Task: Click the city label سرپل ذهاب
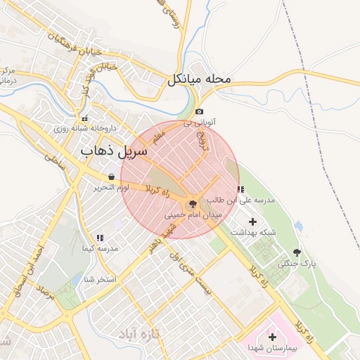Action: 114,150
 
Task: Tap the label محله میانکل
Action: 199,79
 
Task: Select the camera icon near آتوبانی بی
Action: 200,112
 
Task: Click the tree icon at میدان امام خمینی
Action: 193,202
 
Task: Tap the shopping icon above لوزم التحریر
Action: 112,176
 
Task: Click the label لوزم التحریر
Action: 111,188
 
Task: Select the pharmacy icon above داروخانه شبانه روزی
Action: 85,118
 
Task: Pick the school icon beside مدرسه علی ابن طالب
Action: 241,189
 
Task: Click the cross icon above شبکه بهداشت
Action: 253,221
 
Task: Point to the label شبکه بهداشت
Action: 253,233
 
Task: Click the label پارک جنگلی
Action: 295,264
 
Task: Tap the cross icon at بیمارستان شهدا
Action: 272,337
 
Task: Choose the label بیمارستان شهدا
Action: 272,348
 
